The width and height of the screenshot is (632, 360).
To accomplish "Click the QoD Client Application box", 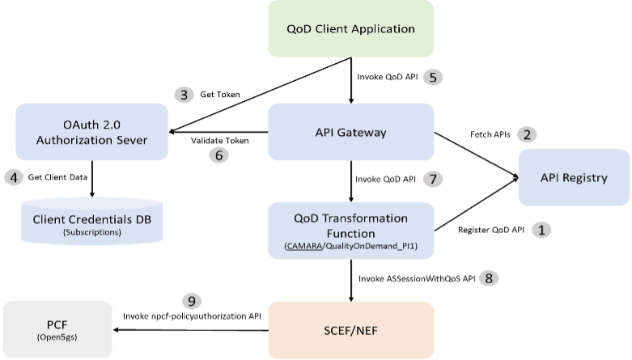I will pos(350,29).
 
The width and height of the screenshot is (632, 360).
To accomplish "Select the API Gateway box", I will pos(350,133).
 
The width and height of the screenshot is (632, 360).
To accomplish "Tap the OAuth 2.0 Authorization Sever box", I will pos(91,133).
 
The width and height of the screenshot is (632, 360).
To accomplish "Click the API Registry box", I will pos(574,178).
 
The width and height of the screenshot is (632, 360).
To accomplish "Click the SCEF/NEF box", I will pos(350,329).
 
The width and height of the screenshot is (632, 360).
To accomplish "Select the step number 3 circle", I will pos(185,95).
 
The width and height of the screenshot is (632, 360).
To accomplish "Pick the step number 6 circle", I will pos(218,156).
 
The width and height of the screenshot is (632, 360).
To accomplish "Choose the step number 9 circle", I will pos(191,301).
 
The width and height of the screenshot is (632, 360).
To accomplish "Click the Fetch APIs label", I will pos(490,135).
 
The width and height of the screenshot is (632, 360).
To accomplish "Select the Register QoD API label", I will pos(491,231).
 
